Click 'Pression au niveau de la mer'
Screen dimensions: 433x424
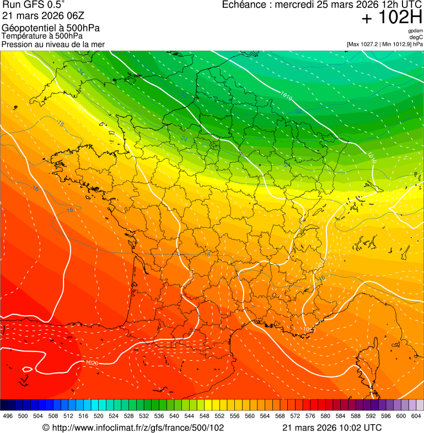point(53,44)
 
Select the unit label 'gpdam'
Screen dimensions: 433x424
point(415,31)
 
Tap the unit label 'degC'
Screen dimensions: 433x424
point(416,37)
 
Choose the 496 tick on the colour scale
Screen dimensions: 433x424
point(8,416)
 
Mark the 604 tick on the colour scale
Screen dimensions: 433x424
point(416,416)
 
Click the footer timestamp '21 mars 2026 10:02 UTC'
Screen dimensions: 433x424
point(331,427)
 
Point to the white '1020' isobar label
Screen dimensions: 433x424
point(92,364)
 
